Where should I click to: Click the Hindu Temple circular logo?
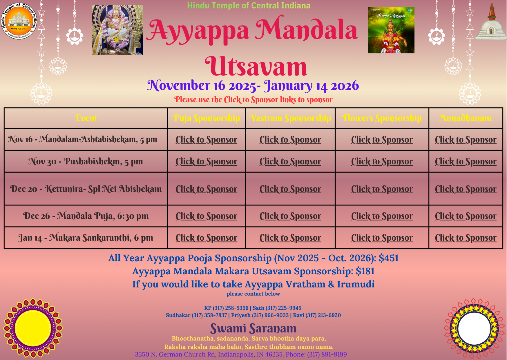point(19,21)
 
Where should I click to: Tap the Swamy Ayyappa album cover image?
point(391,30)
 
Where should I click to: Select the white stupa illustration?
point(491,23)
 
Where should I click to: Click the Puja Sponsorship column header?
point(206,118)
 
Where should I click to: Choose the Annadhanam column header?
point(465,118)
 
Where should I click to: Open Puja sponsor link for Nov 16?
point(206,140)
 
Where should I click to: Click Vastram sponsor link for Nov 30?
point(290,161)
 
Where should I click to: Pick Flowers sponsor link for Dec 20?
point(382,189)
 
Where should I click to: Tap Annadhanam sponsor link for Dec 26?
point(466,216)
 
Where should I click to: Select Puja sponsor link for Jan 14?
point(206,238)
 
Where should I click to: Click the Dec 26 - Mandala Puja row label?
point(86,216)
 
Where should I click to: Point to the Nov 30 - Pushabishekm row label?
point(86,161)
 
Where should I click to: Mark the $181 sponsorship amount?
point(365,271)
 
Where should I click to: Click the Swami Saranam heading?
point(253,328)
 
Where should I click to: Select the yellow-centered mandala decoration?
point(33,328)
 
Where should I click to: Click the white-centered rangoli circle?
point(474,328)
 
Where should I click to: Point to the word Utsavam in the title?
point(256,66)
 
